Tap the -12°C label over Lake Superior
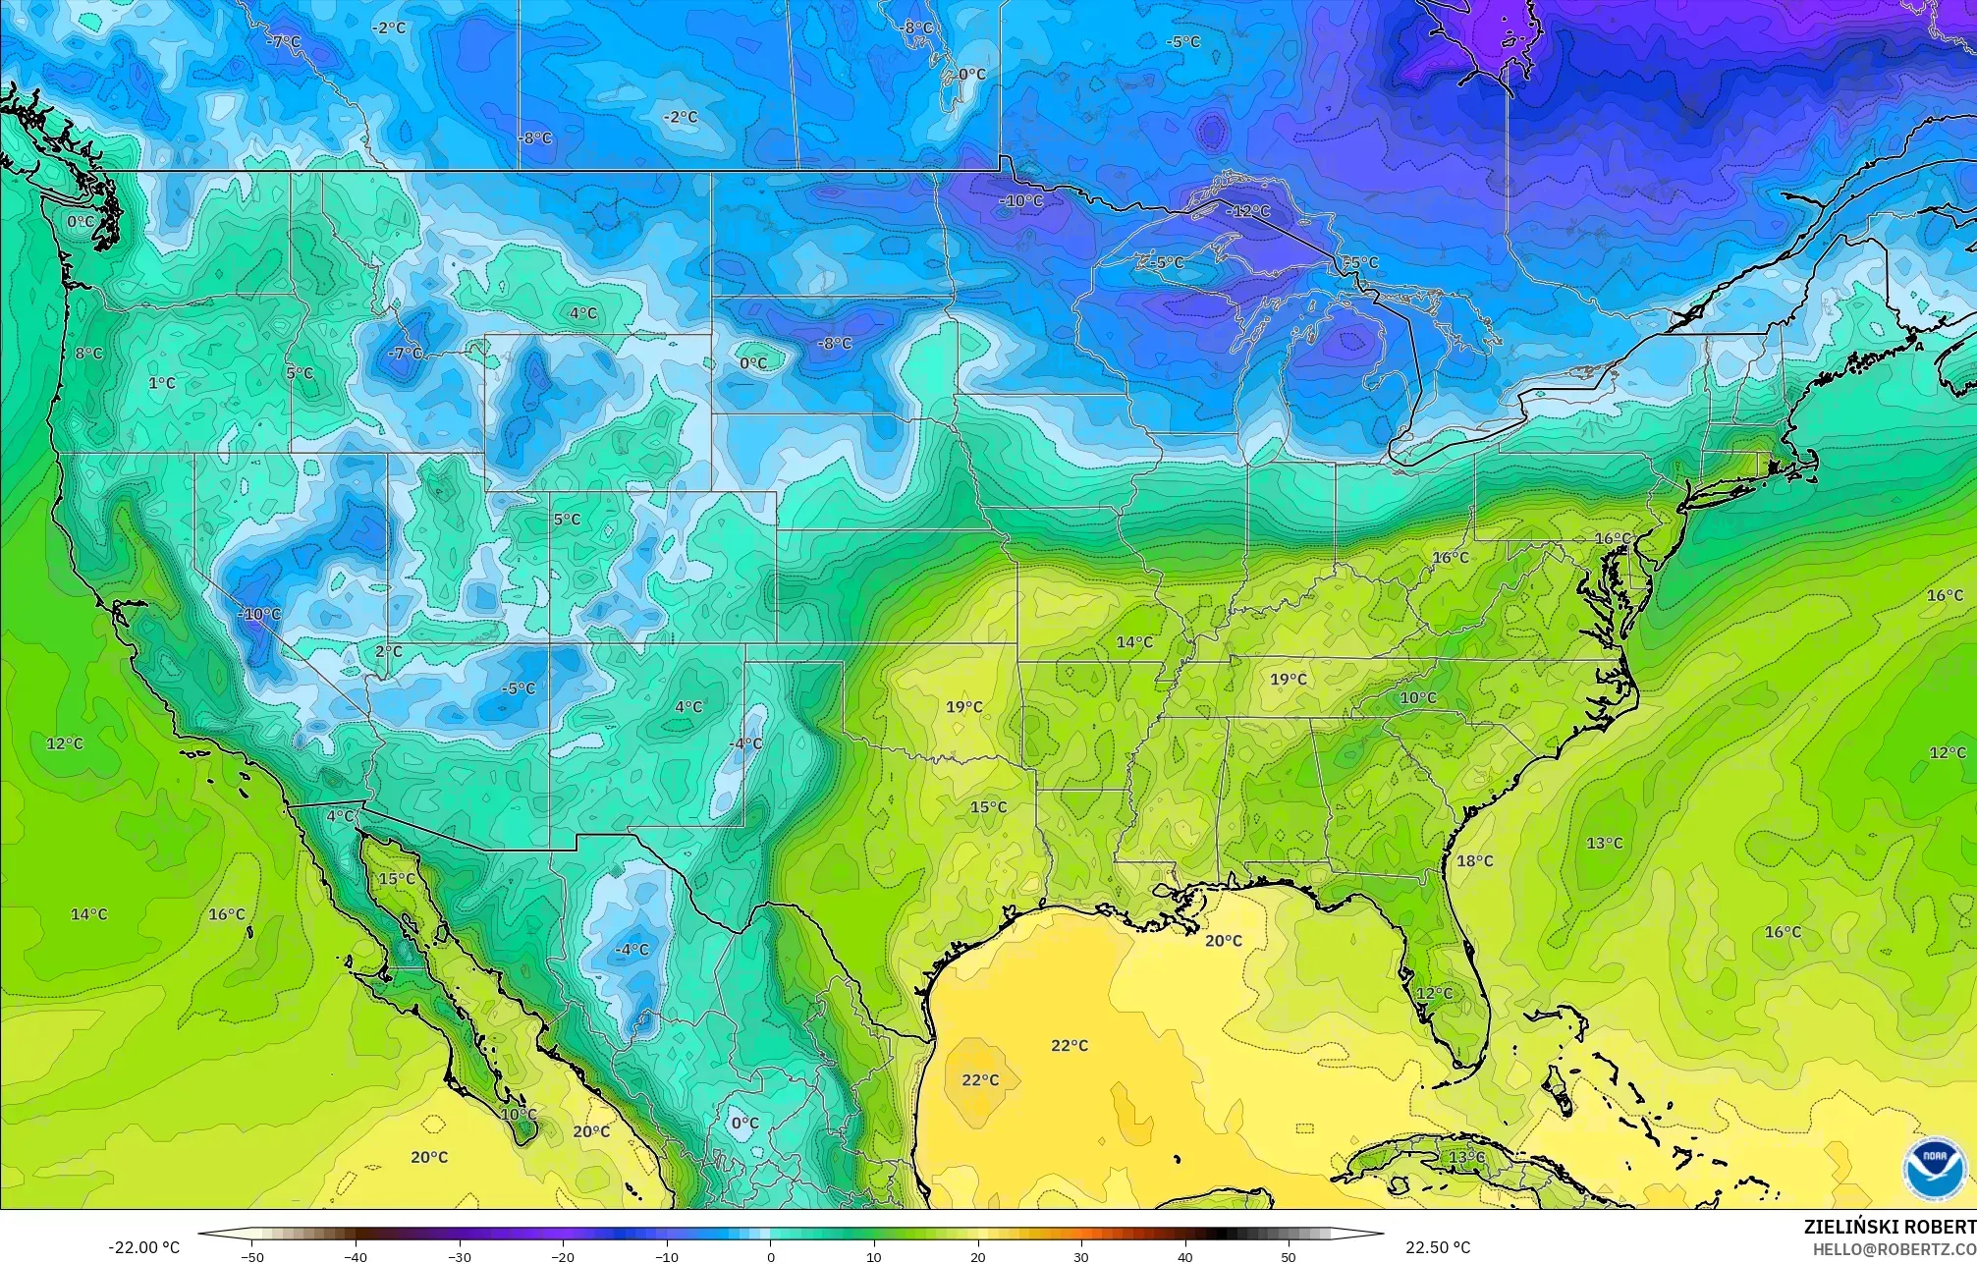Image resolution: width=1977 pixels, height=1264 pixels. click(1246, 211)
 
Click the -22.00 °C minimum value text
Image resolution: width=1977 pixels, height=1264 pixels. click(143, 1247)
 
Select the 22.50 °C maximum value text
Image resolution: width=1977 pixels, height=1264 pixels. click(1437, 1247)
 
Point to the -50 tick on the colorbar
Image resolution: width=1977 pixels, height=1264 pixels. click(252, 1257)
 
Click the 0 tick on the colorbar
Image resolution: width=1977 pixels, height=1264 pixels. click(771, 1257)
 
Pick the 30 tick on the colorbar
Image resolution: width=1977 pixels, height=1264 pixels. click(1081, 1257)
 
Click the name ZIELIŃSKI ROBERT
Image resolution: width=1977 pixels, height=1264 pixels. click(1890, 1226)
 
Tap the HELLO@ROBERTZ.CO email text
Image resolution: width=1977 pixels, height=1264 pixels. click(1894, 1248)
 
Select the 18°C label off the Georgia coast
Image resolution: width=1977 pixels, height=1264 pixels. click(1474, 861)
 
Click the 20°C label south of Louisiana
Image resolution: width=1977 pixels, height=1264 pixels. click(1224, 941)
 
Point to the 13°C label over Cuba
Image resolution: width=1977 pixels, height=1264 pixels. click(1467, 1158)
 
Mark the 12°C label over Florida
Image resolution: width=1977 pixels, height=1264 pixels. click(1434, 994)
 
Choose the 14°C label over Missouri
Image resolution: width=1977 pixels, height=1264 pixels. click(1134, 642)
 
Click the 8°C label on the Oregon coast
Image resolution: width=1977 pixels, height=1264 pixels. click(88, 354)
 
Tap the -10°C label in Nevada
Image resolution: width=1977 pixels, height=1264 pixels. click(259, 615)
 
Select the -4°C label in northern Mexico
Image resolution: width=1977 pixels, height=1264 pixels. click(632, 950)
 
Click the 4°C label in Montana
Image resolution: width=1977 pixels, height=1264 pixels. click(583, 313)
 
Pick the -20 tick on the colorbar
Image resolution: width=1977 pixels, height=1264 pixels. click(563, 1257)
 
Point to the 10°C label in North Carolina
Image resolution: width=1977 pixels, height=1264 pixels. click(1417, 698)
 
